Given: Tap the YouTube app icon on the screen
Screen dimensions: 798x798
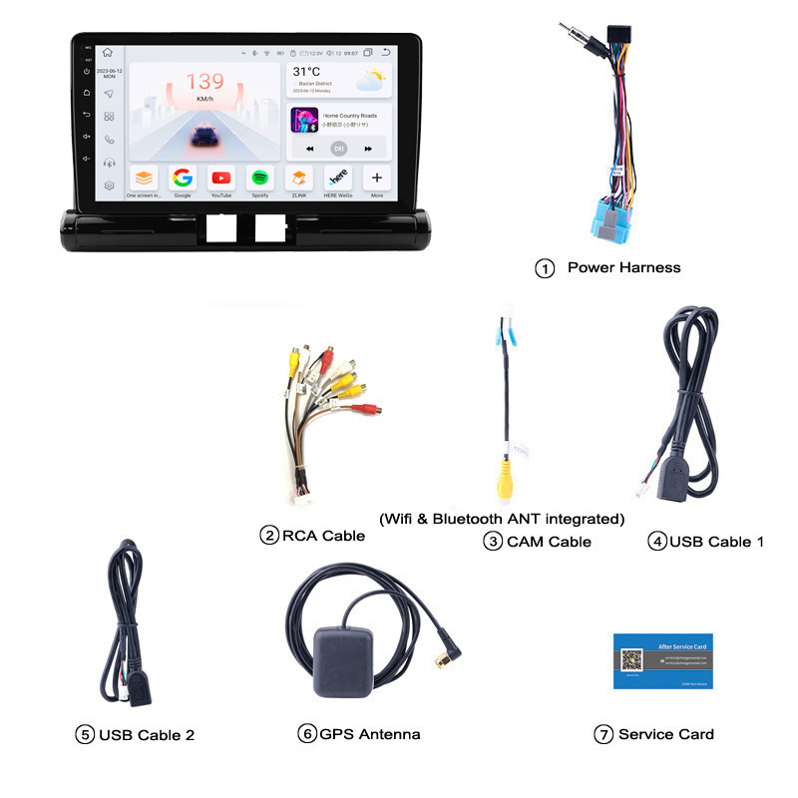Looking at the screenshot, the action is coord(221,179).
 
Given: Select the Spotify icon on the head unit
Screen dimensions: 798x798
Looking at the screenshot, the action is coord(260,179).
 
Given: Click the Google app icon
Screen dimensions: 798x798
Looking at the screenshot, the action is coord(183,179).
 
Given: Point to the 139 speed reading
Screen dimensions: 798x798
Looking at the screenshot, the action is coord(204,82).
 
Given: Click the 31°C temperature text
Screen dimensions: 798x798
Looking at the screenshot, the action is coord(306,72).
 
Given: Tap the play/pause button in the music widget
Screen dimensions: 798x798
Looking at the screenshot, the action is coord(339,149).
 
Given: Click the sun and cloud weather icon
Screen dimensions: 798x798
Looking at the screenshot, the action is coord(374,79).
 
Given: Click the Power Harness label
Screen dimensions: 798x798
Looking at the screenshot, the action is coord(623,267).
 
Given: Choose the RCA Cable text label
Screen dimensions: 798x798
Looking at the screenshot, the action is coord(323,536).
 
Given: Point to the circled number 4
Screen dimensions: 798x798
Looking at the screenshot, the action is coord(656,542).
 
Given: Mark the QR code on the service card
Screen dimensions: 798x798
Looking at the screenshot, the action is coord(632,659).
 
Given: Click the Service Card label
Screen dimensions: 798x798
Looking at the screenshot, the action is coord(665,734).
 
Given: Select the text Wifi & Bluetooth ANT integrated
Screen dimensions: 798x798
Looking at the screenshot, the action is coord(502,519).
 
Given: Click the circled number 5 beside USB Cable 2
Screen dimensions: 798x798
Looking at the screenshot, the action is coord(85,735).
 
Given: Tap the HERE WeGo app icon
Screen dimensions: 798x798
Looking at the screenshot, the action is coord(338,179).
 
